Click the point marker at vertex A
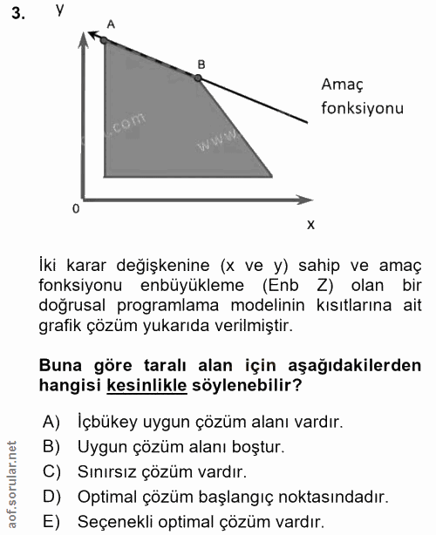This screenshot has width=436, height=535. (x=104, y=40)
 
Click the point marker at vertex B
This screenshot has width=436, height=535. (x=198, y=78)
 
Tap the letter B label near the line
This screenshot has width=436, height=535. (x=201, y=64)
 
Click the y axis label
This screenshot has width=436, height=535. (x=59, y=10)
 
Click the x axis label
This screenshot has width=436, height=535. (x=310, y=225)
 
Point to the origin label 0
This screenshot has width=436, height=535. (x=76, y=209)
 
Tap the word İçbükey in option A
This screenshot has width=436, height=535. (x=109, y=423)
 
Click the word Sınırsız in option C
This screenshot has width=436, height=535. (x=107, y=473)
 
